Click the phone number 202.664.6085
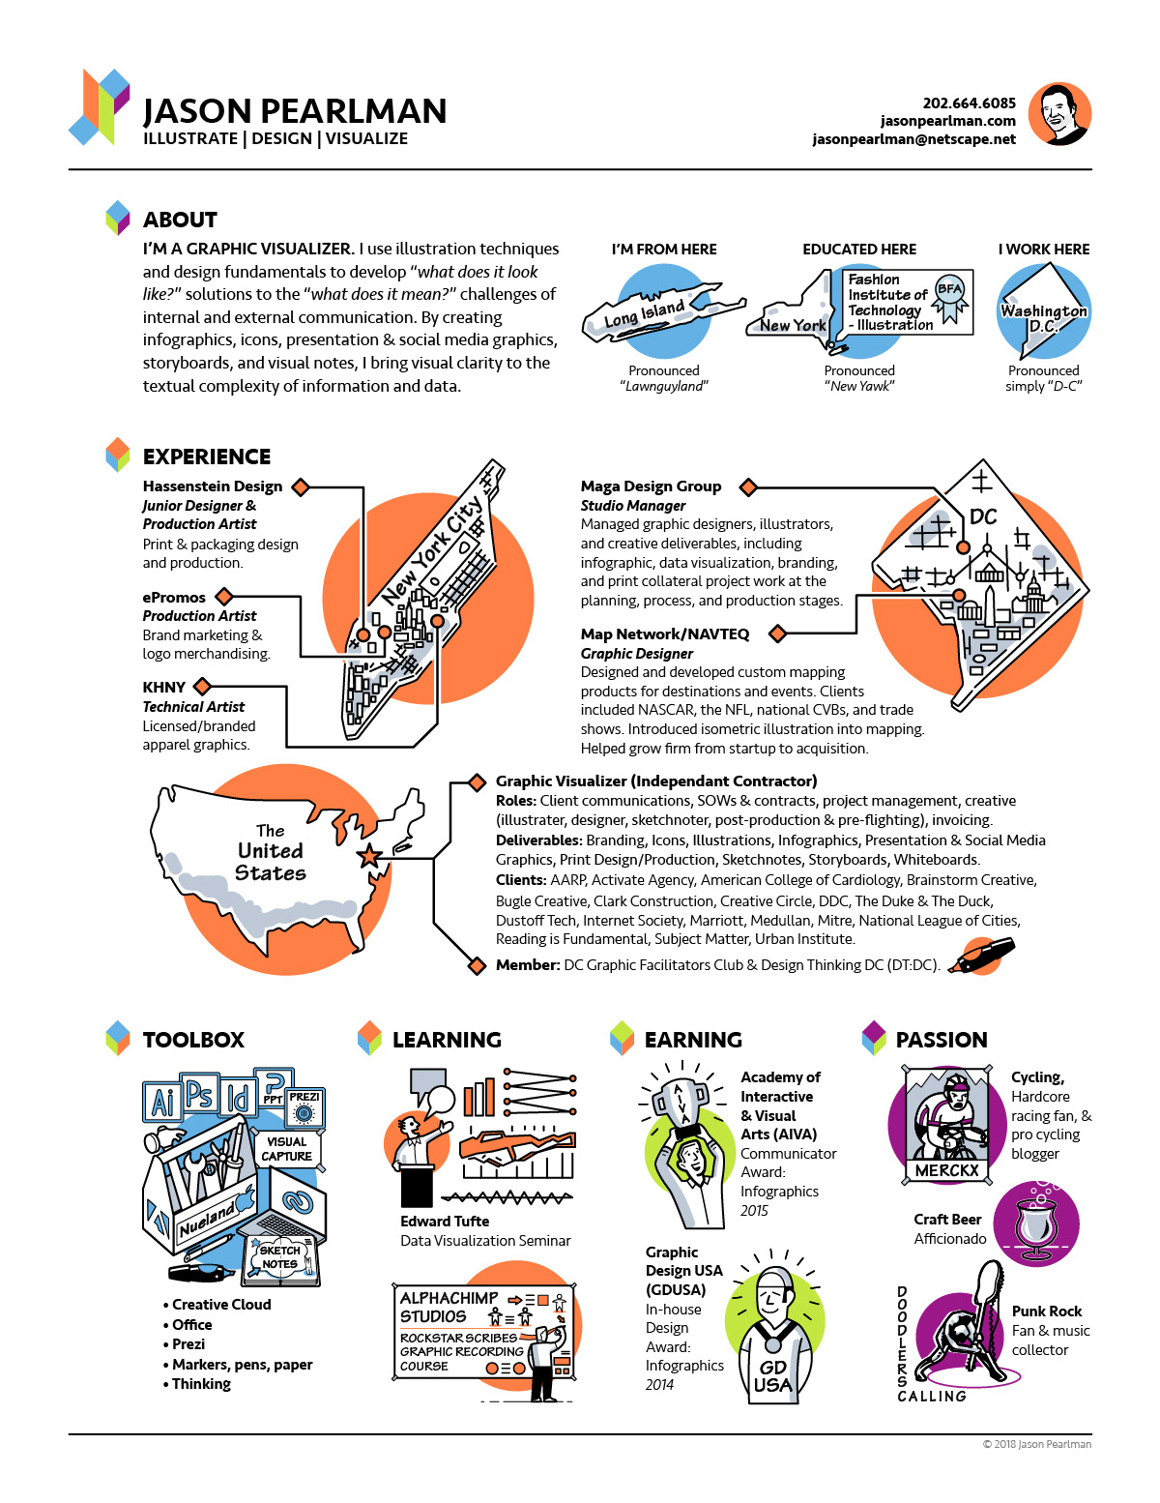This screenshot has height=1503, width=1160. tap(969, 103)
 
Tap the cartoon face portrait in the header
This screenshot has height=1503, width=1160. tap(1059, 114)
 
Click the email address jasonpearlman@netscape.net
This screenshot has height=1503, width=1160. tap(913, 139)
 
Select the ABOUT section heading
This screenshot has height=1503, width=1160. tap(180, 220)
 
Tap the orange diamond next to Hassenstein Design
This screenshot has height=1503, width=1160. tap(301, 486)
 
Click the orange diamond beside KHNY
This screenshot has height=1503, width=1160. tap(202, 687)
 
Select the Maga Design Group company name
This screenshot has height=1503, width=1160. tap(651, 486)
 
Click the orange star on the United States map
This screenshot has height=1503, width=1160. tap(369, 856)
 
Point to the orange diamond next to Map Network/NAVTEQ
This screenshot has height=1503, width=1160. tap(777, 634)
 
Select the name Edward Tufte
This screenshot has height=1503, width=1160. tap(445, 1222)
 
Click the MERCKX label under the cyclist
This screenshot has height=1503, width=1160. tap(946, 1170)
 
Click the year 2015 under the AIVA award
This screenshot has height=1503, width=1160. tap(754, 1211)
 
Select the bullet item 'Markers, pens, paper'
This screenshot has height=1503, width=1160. tap(242, 1365)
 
